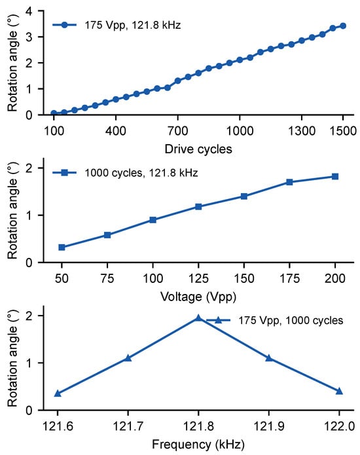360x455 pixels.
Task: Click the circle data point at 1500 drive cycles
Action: pyautogui.click(x=343, y=26)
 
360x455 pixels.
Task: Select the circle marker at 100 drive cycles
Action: pyautogui.click(x=54, y=113)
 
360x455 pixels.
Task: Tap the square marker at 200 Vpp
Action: pyautogui.click(x=335, y=176)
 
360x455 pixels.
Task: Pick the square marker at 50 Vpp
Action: pyautogui.click(x=62, y=247)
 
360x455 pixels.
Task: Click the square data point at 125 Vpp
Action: pyautogui.click(x=198, y=207)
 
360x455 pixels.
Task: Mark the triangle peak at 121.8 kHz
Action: pyautogui.click(x=198, y=318)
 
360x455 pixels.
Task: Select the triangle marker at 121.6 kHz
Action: pyautogui.click(x=58, y=393)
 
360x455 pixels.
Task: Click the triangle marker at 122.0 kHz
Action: pyautogui.click(x=339, y=391)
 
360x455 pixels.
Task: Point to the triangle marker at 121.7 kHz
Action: pyautogui.click(x=128, y=358)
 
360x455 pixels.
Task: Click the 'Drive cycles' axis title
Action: pyautogui.click(x=198, y=149)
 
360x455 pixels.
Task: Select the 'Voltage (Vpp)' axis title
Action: pyautogui.click(x=198, y=297)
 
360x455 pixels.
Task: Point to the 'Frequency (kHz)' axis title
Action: pyautogui.click(x=198, y=445)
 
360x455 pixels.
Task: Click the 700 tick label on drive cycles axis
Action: pyautogui.click(x=177, y=131)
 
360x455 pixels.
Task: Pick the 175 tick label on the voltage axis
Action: pyautogui.click(x=289, y=279)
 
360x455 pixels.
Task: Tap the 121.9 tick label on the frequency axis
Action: pyautogui.click(x=269, y=426)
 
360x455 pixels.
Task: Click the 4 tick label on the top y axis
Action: pyautogui.click(x=29, y=11)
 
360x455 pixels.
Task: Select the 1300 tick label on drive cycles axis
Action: pyautogui.click(x=302, y=131)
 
